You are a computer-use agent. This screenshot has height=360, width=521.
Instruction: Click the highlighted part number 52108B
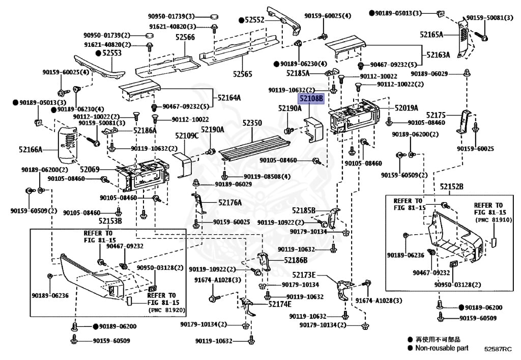[311, 98]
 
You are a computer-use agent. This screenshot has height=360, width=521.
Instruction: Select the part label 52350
[252, 123]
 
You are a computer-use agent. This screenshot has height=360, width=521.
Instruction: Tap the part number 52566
[185, 37]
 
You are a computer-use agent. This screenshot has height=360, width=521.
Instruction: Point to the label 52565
[243, 74]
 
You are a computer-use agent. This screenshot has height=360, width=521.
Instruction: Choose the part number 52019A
[407, 108]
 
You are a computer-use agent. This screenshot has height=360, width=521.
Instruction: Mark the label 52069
[90, 170]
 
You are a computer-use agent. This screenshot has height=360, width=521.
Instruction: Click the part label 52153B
[110, 221]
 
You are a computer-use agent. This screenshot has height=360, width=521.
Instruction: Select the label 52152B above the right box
[452, 187]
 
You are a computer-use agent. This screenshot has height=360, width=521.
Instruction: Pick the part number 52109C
[187, 135]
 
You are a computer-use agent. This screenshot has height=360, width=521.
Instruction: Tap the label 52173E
[304, 275]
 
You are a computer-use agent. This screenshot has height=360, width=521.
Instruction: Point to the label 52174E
[280, 304]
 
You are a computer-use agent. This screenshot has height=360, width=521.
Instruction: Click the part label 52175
[436, 115]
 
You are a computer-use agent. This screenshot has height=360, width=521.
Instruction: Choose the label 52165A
[431, 35]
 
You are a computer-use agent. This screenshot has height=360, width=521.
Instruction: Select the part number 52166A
[31, 150]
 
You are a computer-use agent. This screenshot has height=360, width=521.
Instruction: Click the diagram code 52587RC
[498, 349]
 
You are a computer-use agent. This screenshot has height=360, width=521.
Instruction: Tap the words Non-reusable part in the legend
[442, 348]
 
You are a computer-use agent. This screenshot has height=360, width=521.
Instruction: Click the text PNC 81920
[167, 310]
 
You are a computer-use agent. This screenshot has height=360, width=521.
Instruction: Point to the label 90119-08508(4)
[267, 177]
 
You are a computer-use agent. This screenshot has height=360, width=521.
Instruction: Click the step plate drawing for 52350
[253, 148]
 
